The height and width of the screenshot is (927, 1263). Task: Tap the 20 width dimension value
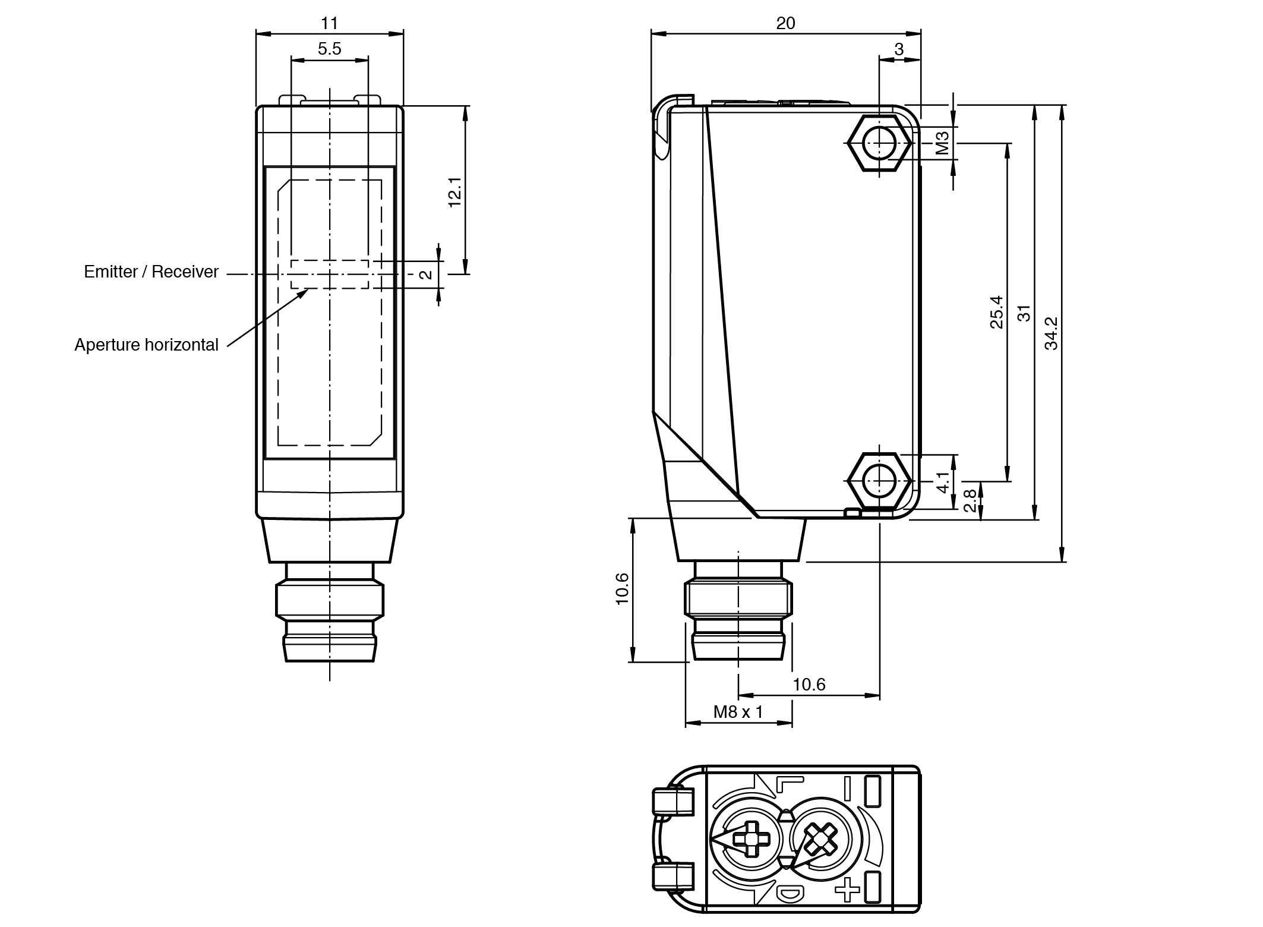tap(785, 23)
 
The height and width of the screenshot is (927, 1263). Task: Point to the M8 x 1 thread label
tap(738, 711)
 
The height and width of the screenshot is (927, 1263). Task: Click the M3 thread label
tap(942, 143)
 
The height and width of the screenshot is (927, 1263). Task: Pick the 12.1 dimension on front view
tap(454, 191)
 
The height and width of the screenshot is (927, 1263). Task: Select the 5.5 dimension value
tap(329, 49)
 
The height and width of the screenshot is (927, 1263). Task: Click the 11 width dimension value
tap(329, 23)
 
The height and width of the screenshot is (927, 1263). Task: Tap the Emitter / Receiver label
tap(151, 272)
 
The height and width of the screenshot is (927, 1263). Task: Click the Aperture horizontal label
tap(146, 345)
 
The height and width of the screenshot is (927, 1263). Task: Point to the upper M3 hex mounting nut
tap(879, 143)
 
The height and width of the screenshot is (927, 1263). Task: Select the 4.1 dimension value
tap(943, 482)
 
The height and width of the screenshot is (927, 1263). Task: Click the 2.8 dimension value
tap(970, 500)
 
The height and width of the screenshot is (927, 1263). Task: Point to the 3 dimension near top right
tap(899, 49)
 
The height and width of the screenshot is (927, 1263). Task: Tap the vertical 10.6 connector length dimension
tap(622, 588)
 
